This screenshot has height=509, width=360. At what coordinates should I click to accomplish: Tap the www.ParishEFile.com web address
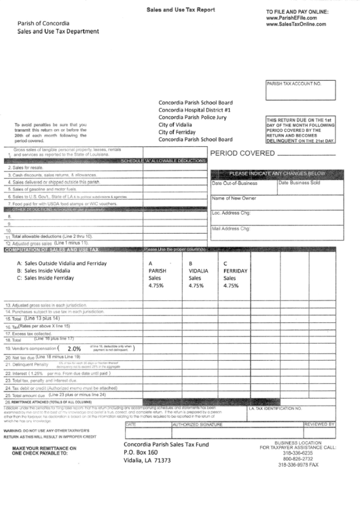tap(293, 18)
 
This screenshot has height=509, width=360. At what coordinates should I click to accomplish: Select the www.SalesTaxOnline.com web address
tap(297, 24)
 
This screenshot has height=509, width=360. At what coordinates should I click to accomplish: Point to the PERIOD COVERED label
tap(242, 154)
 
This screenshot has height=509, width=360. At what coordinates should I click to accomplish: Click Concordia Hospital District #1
tap(195, 109)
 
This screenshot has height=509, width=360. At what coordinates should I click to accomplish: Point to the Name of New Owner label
tap(234, 198)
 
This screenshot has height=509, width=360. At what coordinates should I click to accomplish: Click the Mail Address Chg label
tap(232, 228)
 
